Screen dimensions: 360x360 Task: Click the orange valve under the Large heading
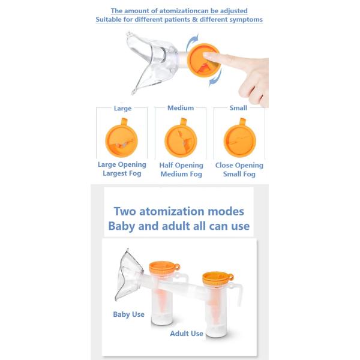pos(121,139)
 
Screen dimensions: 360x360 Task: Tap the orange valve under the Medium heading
pos(181,139)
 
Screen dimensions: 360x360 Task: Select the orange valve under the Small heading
pos(240,139)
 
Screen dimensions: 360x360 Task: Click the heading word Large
pos(122,109)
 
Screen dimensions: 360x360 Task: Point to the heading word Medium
pos(181,108)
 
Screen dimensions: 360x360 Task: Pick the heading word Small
pos(238,108)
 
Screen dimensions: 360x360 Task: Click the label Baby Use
pos(128,314)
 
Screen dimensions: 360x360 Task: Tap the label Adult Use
pos(187,334)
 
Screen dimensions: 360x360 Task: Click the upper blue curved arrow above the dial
pos(191,42)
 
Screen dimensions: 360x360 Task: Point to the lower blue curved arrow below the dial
pos(216,77)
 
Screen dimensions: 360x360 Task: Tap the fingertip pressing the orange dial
pos(208,56)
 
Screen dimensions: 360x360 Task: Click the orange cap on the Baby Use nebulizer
pos(164,267)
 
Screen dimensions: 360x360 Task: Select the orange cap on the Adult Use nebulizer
pos(218,278)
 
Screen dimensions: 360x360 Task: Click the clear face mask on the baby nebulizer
pos(128,275)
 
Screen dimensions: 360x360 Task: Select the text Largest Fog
pos(122,173)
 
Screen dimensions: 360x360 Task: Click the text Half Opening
pos(181,166)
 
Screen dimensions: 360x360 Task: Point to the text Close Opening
pos(239,166)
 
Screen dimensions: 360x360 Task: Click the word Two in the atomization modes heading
pos(125,211)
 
